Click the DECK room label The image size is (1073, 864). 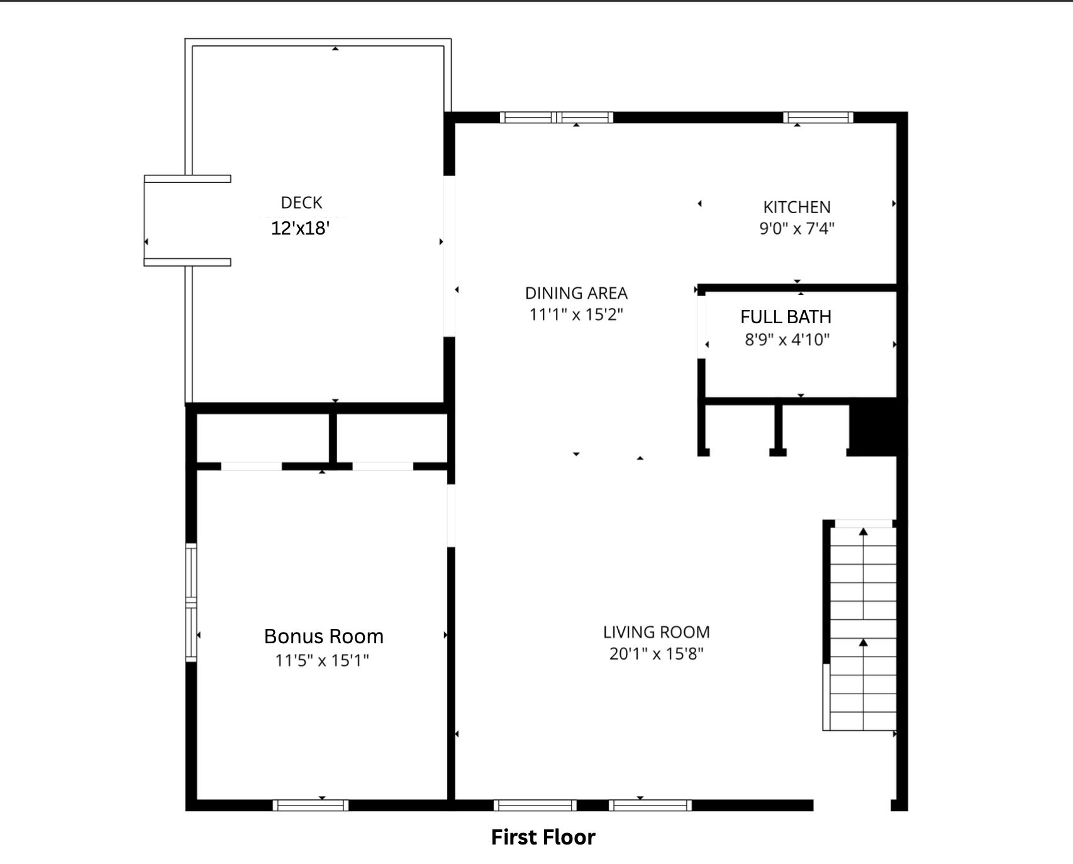click(x=301, y=202)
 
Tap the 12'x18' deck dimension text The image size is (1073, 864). click(x=301, y=228)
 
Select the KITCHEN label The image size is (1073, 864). click(x=797, y=207)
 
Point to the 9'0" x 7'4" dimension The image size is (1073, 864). click(x=797, y=228)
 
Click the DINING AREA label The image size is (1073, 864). click(x=576, y=293)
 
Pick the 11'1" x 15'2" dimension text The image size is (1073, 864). click(x=576, y=314)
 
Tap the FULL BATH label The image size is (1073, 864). click(x=786, y=317)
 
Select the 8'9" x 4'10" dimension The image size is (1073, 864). click(x=787, y=340)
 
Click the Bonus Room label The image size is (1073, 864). click(x=323, y=636)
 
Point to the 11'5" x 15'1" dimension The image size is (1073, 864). click(x=322, y=660)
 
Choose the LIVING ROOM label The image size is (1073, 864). click(x=656, y=632)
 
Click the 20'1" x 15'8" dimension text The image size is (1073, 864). click(x=656, y=654)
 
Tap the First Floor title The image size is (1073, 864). click(x=543, y=837)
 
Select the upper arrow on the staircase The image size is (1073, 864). click(x=864, y=533)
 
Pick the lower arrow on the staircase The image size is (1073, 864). click(x=864, y=643)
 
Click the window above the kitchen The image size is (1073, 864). click(x=818, y=118)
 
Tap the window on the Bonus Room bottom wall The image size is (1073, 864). click(x=310, y=806)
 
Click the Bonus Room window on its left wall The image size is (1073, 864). click(x=191, y=602)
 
